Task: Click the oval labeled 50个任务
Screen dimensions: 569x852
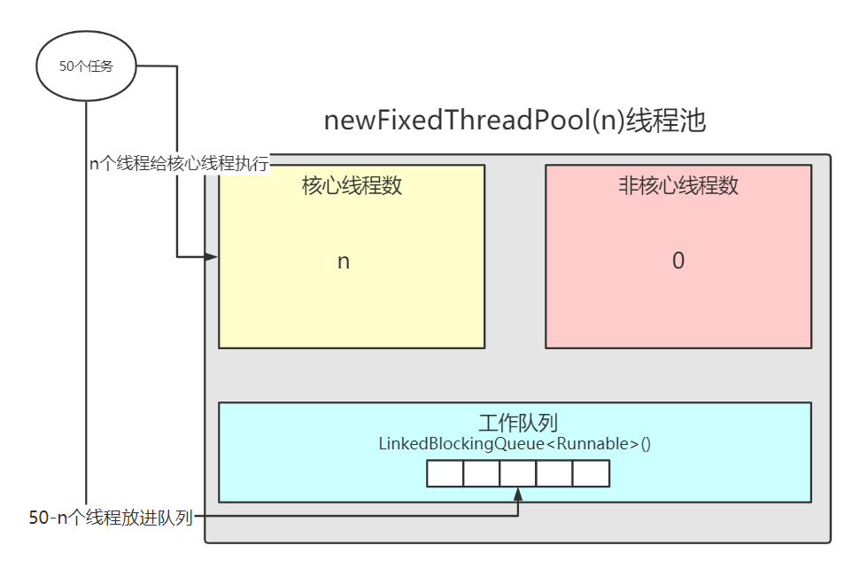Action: click(86, 66)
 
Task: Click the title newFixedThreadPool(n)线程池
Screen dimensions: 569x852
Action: click(515, 120)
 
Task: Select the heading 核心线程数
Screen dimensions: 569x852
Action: click(352, 186)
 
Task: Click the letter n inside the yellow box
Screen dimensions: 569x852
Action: click(344, 261)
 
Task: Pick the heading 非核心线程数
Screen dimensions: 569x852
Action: click(678, 186)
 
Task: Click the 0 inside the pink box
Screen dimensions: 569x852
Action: click(678, 261)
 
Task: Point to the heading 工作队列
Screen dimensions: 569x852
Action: click(515, 422)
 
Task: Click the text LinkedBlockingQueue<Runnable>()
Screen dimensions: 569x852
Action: click(515, 443)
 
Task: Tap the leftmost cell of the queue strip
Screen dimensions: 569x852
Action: click(445, 474)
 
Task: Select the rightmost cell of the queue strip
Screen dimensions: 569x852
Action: click(591, 474)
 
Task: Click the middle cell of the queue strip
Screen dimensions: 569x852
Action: click(517, 474)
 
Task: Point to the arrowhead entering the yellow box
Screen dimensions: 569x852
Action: click(211, 257)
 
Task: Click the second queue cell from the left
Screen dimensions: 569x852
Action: click(481, 474)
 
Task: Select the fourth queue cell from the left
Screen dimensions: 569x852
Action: click(554, 474)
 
